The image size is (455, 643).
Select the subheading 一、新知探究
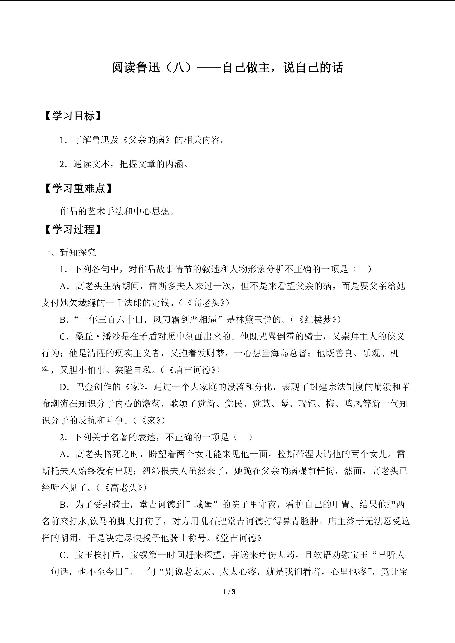[x=69, y=252]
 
